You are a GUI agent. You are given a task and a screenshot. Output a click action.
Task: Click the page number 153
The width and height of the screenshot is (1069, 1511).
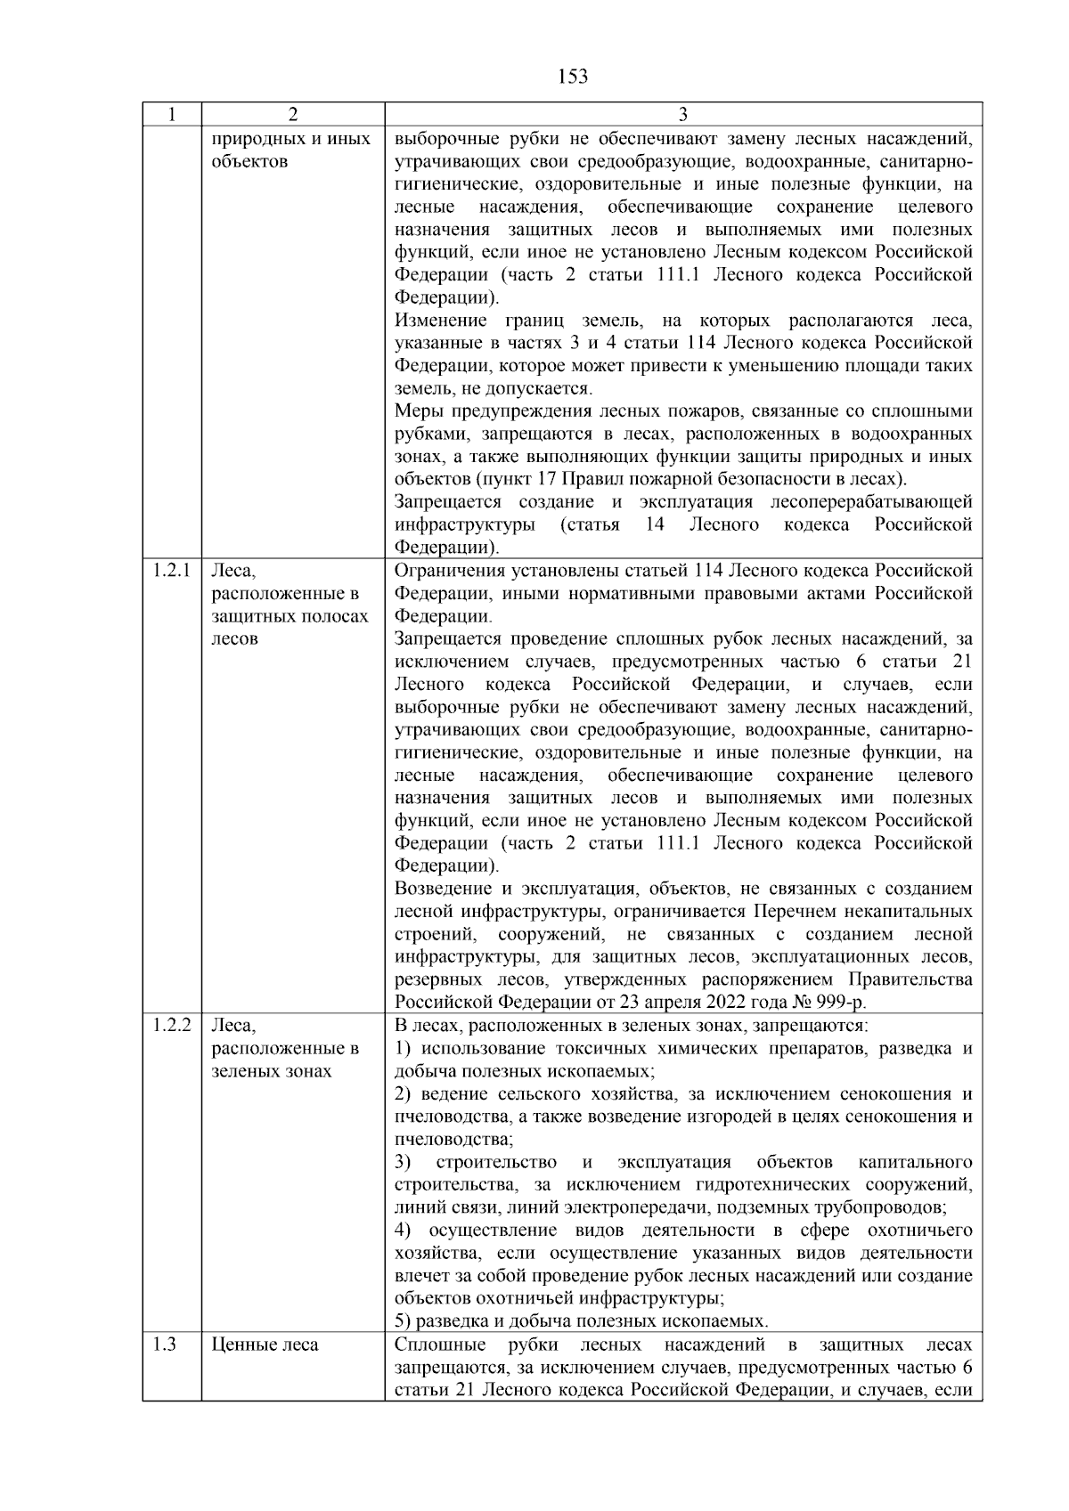[573, 77]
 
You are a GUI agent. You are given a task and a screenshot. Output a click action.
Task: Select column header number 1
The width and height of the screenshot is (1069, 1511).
[171, 115]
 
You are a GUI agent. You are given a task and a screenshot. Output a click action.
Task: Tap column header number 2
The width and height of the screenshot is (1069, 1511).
[293, 115]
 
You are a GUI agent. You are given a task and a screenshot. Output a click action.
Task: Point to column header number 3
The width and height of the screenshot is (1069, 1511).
[682, 115]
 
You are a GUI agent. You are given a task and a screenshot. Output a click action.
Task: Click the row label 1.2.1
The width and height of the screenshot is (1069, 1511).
[171, 571]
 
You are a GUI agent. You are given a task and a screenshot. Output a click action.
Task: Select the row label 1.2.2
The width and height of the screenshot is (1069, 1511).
[171, 1025]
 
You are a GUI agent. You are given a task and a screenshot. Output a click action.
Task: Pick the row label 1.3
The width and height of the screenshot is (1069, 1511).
[164, 1344]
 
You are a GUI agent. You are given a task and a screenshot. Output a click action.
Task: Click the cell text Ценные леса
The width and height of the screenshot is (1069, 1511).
[265, 1344]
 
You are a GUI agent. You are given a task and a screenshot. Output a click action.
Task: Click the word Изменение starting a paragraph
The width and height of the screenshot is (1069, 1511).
[440, 321]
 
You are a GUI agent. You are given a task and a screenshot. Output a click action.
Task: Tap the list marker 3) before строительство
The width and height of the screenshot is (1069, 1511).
[403, 1162]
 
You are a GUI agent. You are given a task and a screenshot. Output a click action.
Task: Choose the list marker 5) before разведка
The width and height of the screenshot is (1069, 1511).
[403, 1321]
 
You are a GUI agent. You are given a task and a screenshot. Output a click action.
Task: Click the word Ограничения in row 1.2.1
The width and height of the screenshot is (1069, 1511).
[447, 571]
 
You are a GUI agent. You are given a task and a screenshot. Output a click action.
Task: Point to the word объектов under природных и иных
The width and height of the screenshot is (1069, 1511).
[249, 162]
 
